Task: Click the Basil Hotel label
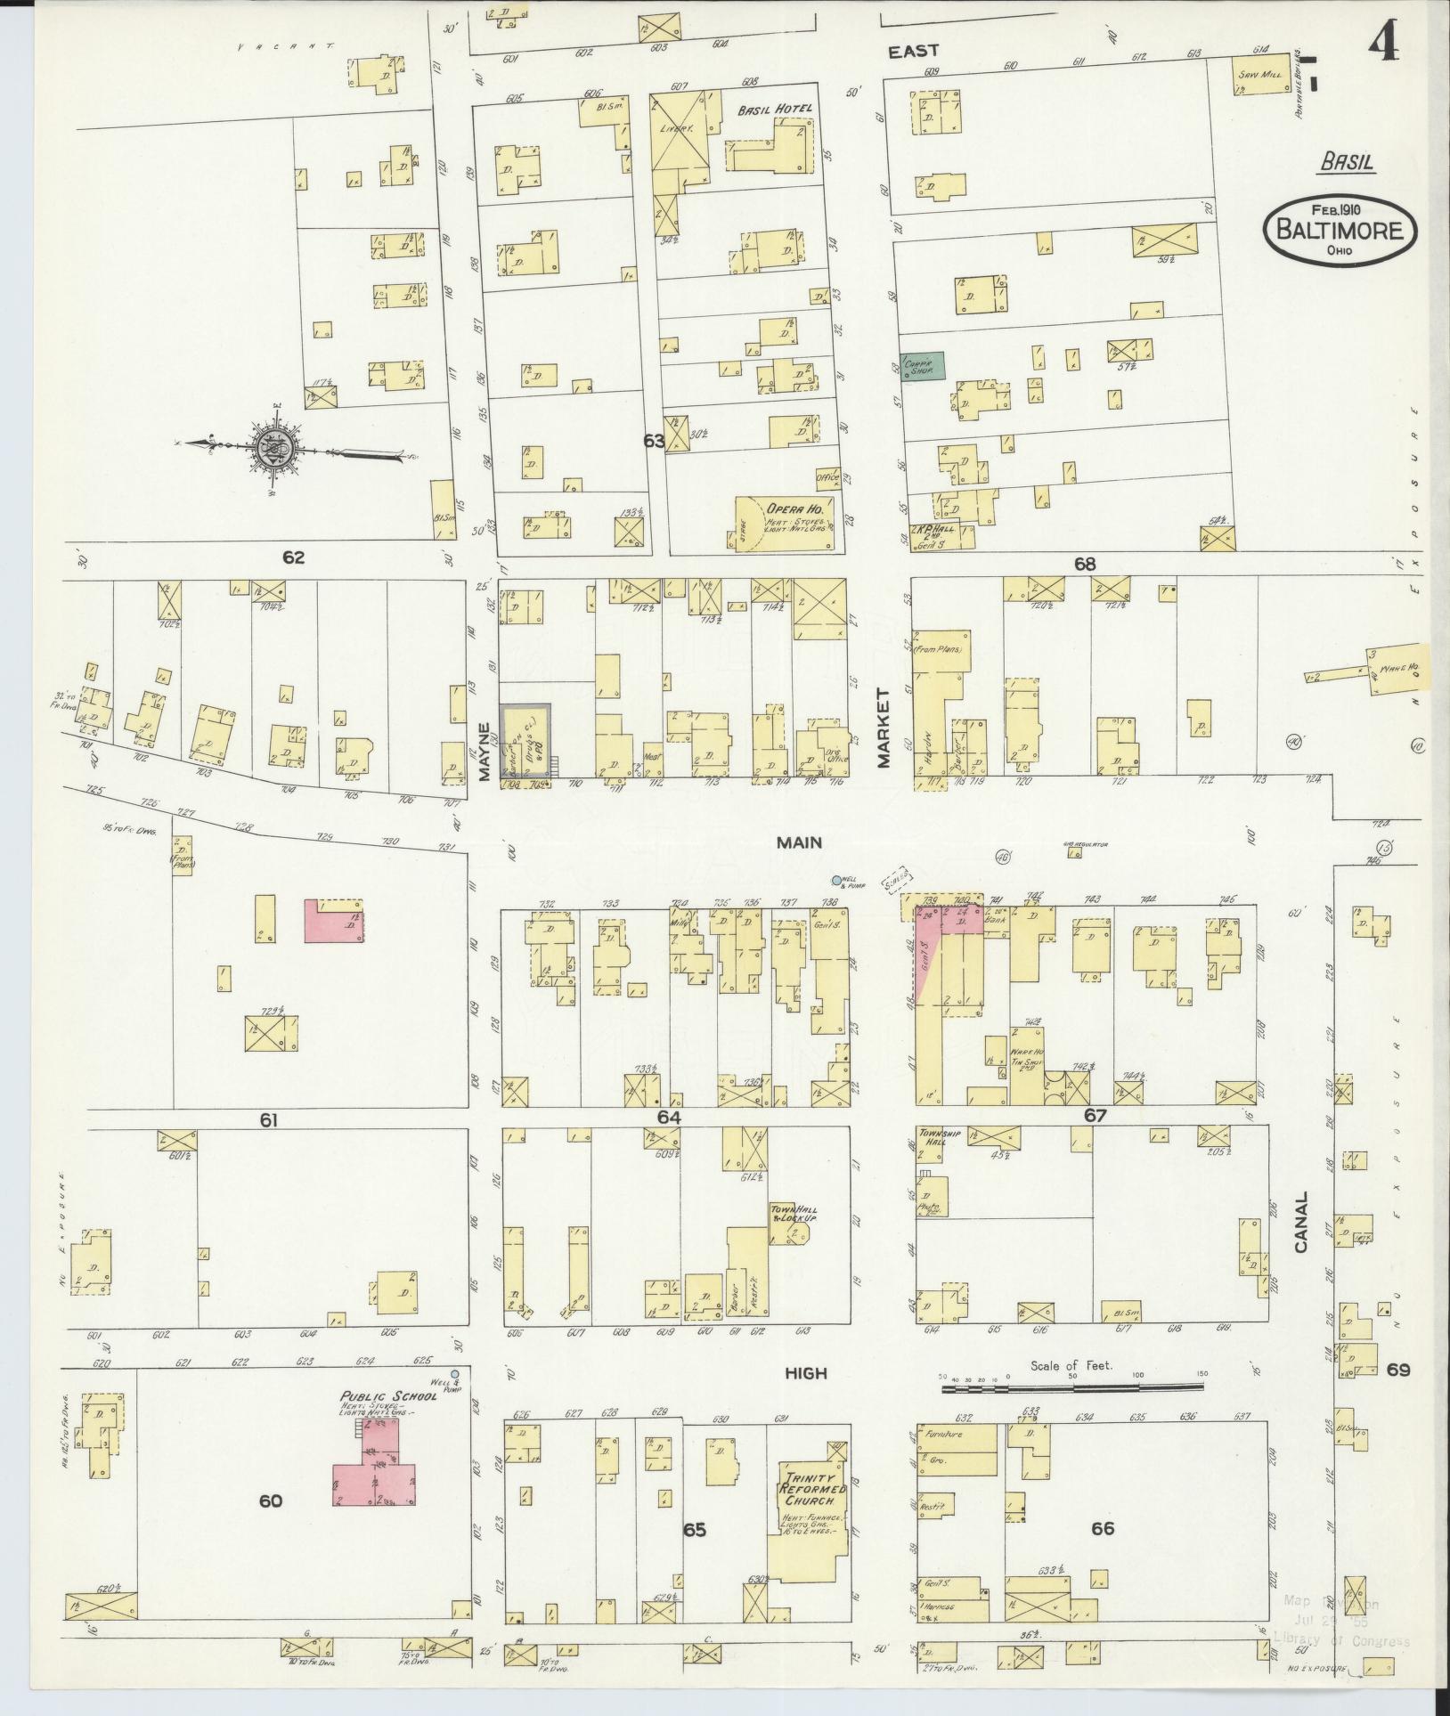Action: pyautogui.click(x=773, y=110)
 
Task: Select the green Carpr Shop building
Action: pyautogui.click(x=921, y=366)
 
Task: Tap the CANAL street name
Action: pyautogui.click(x=1300, y=1222)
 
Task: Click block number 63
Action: pyautogui.click(x=655, y=440)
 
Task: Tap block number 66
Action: pyautogui.click(x=1103, y=1529)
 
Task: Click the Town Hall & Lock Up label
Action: pyautogui.click(x=793, y=1214)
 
